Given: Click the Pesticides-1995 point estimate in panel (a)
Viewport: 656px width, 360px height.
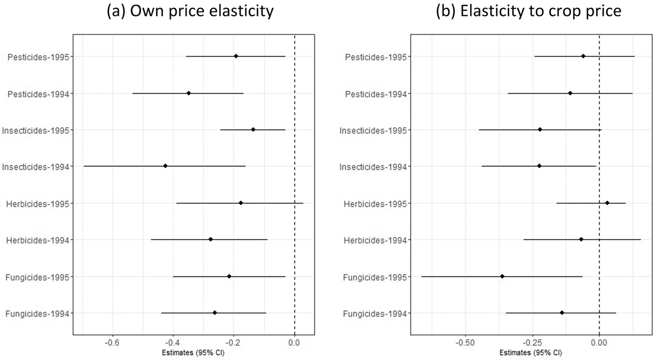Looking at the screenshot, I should pyautogui.click(x=236, y=56).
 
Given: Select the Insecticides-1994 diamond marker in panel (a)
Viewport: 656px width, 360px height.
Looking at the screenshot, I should pyautogui.click(x=165, y=166).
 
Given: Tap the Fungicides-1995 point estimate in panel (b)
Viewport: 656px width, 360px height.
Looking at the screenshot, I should pyautogui.click(x=502, y=276).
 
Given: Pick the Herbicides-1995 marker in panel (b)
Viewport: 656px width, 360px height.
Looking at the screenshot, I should pyautogui.click(x=607, y=203).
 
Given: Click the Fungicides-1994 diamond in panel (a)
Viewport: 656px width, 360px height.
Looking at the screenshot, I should pyautogui.click(x=214, y=312).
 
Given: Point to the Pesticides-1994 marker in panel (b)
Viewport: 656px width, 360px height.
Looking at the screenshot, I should pyautogui.click(x=570, y=93).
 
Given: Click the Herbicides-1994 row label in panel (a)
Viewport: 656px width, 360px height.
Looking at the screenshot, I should pyautogui.click(x=37, y=240).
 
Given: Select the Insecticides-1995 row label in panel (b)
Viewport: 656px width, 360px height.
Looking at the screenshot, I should pyautogui.click(x=374, y=130).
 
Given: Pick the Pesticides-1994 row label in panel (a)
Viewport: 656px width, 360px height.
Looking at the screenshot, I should pyautogui.click(x=38, y=93).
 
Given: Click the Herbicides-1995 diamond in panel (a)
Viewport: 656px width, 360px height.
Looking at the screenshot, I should pyautogui.click(x=241, y=203).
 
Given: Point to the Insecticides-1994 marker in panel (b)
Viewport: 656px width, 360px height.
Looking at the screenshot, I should pyautogui.click(x=539, y=166).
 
